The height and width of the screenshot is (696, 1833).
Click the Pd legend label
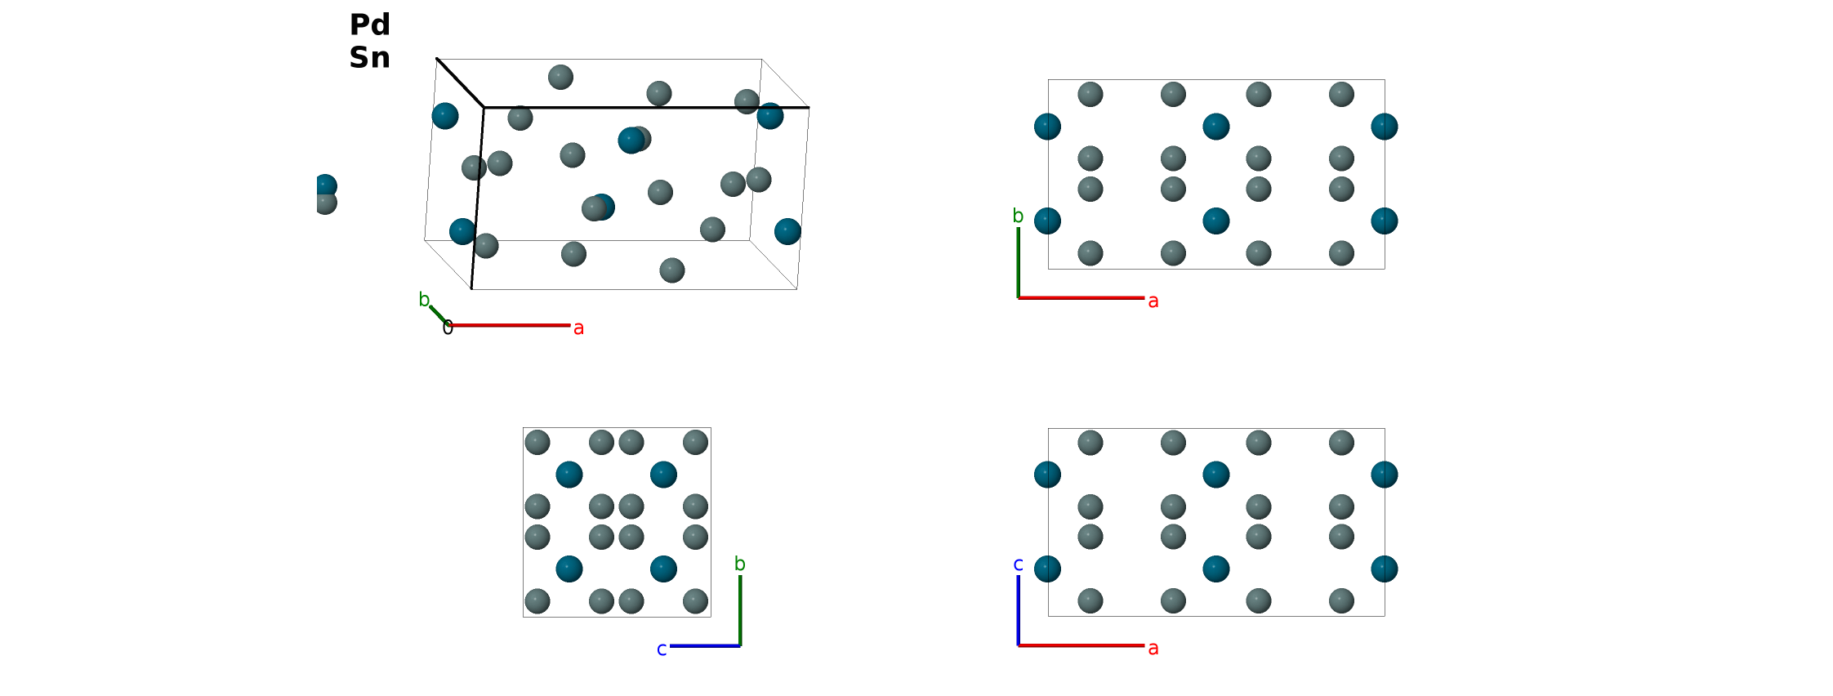(x=369, y=25)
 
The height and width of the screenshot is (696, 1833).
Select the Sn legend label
(x=369, y=57)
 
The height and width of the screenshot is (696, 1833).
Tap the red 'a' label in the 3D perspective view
(x=578, y=328)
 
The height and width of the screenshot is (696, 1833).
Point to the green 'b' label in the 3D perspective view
(x=424, y=300)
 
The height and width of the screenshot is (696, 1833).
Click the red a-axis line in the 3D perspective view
(x=510, y=325)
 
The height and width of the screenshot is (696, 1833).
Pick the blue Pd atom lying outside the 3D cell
(x=326, y=186)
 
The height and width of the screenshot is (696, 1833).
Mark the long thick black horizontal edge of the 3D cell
(x=646, y=107)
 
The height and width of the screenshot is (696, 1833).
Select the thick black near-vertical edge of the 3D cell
(x=478, y=198)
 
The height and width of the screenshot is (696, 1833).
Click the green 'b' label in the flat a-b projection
(x=1018, y=216)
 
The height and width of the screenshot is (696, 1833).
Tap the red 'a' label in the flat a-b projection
(x=1153, y=301)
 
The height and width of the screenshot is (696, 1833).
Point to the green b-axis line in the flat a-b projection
(x=1018, y=262)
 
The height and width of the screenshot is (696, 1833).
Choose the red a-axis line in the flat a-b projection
(x=1081, y=298)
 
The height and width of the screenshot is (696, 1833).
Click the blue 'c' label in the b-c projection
(x=662, y=649)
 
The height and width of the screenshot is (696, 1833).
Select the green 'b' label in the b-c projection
(x=740, y=564)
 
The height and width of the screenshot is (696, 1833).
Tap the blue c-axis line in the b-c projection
(x=705, y=646)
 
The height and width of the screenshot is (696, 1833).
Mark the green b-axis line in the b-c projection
(x=740, y=610)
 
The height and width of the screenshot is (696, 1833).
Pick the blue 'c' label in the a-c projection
(x=1018, y=564)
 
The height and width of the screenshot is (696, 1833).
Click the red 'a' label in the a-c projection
(x=1153, y=649)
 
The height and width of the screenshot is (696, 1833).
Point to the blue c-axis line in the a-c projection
(x=1018, y=610)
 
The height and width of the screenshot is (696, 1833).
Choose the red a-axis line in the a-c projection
(x=1081, y=645)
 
